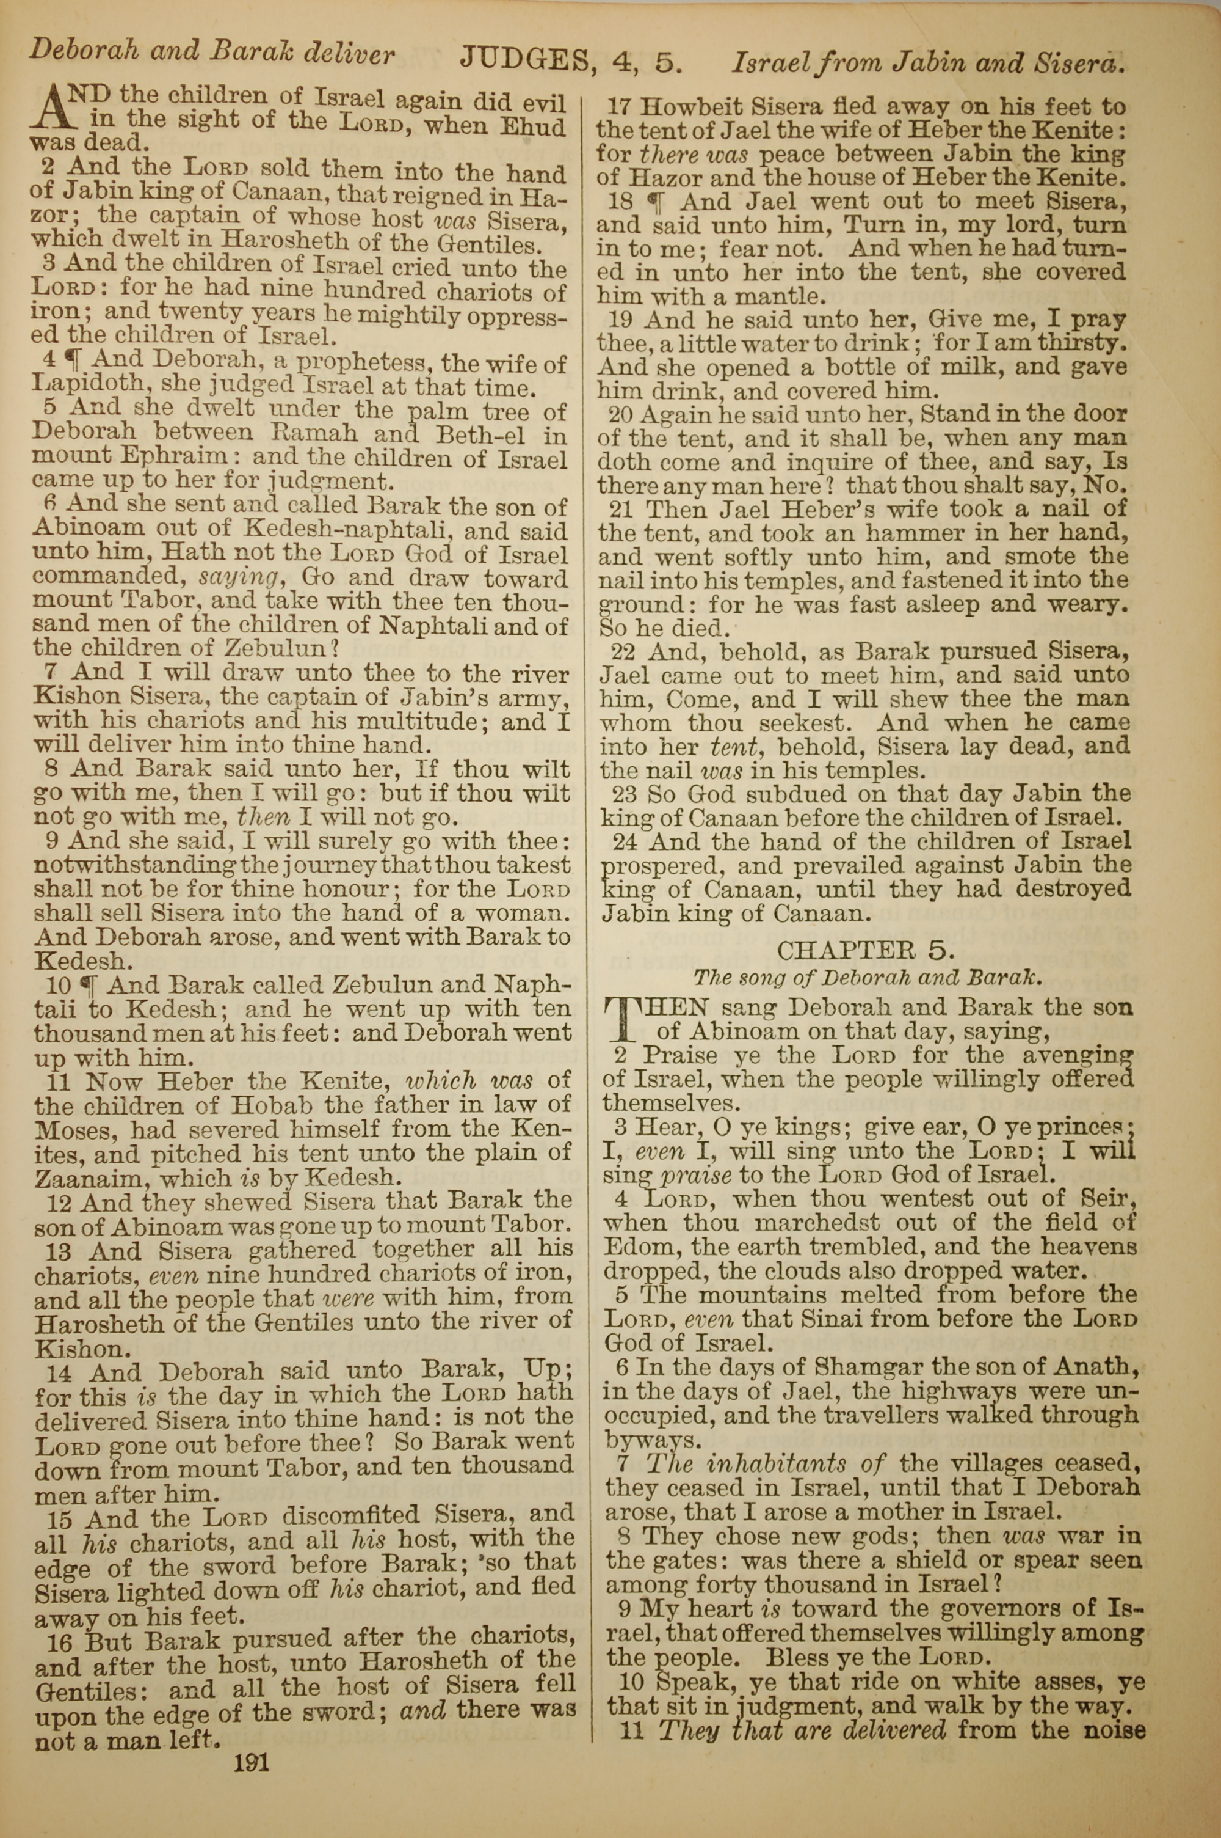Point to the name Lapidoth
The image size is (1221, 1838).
[85, 384]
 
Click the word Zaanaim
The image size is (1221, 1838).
[85, 1177]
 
